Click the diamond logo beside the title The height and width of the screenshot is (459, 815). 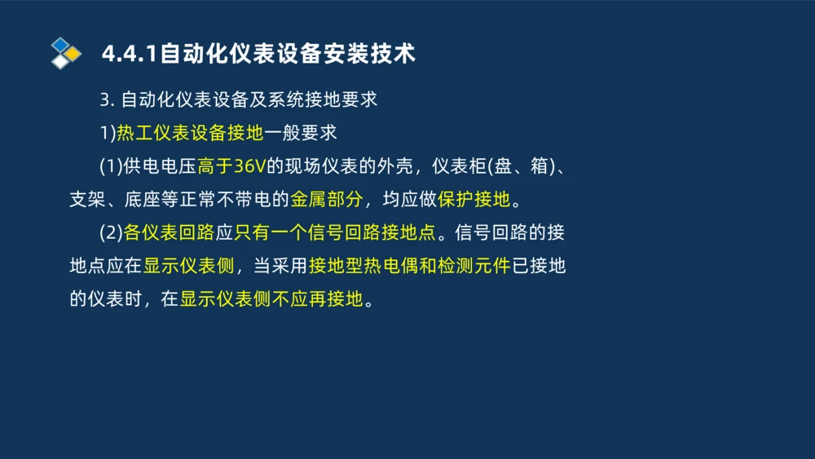pyautogui.click(x=66, y=53)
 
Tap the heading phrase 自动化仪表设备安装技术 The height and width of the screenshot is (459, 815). pyautogui.click(x=288, y=54)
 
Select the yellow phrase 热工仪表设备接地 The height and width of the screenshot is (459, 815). pyautogui.click(x=190, y=132)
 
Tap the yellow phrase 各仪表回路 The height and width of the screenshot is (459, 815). pyautogui.click(x=168, y=232)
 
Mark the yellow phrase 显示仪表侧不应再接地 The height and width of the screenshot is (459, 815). pyautogui.click(x=271, y=299)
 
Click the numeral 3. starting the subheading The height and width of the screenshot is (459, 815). pyautogui.click(x=106, y=99)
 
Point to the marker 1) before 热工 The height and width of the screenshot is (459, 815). pyautogui.click(x=108, y=132)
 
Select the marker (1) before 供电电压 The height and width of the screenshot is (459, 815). pyautogui.click(x=111, y=166)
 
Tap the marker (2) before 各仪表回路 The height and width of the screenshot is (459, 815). pyautogui.click(x=111, y=232)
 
